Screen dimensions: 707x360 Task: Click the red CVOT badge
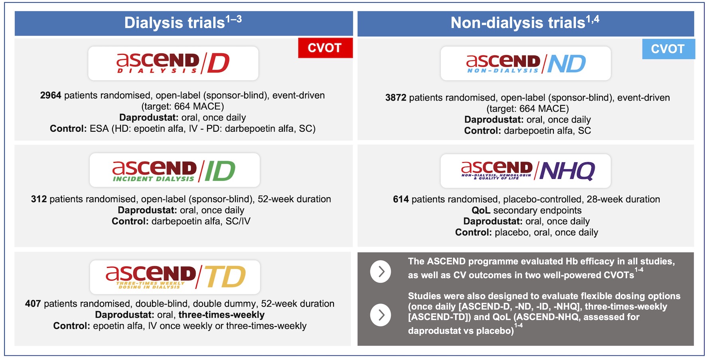tap(325, 48)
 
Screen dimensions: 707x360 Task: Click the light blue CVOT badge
tap(668, 49)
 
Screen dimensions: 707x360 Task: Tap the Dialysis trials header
tap(184, 23)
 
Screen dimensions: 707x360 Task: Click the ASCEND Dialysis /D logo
tap(173, 63)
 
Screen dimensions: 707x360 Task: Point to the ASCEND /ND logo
tap(525, 63)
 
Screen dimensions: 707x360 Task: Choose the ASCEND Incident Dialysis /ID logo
tap(174, 170)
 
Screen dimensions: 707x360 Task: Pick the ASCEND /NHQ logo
tap(525, 171)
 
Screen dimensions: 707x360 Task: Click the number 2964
tap(51, 95)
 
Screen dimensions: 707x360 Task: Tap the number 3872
tap(396, 98)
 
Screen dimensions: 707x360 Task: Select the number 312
tap(39, 199)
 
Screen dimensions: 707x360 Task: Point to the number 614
tap(401, 199)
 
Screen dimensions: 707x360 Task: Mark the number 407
tap(33, 304)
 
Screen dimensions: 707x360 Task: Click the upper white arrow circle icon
tap(381, 272)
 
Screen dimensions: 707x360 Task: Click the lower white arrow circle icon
tap(381, 315)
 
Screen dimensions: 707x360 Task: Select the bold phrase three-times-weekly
tap(221, 315)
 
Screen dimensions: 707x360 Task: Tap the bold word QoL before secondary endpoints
tap(481, 210)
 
